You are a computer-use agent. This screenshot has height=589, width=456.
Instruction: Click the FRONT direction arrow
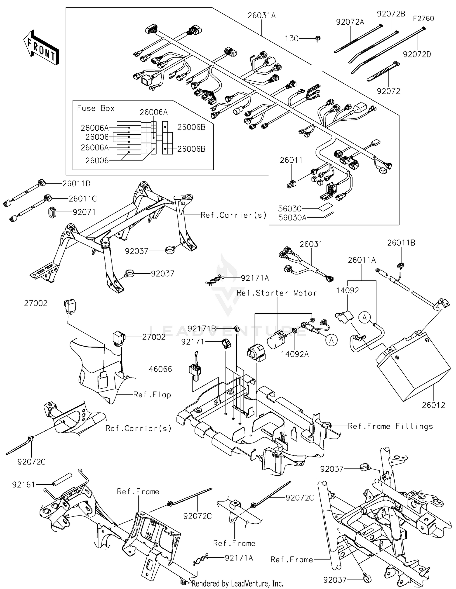41,47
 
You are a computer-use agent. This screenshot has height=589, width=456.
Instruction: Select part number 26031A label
261,15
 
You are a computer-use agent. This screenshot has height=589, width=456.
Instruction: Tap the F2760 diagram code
423,19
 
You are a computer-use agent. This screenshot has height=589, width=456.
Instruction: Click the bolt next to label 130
318,39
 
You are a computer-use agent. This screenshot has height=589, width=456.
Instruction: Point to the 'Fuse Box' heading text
96,108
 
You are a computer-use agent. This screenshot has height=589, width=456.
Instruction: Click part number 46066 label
161,369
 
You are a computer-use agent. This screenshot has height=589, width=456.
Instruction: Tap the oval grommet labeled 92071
52,212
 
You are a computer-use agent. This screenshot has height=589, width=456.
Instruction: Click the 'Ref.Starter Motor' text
277,293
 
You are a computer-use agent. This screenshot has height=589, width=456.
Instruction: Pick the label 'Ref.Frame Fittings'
390,426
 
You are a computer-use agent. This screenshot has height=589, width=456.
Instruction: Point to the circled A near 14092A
331,340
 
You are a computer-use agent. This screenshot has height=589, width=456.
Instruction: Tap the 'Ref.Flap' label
152,394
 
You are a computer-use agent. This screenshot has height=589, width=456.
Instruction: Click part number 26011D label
76,184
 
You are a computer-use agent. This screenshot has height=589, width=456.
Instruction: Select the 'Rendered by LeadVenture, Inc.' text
237,583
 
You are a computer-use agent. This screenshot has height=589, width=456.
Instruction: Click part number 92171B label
202,329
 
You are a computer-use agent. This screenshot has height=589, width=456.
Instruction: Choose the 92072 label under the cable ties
389,91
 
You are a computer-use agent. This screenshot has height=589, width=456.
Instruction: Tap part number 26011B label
401,243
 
